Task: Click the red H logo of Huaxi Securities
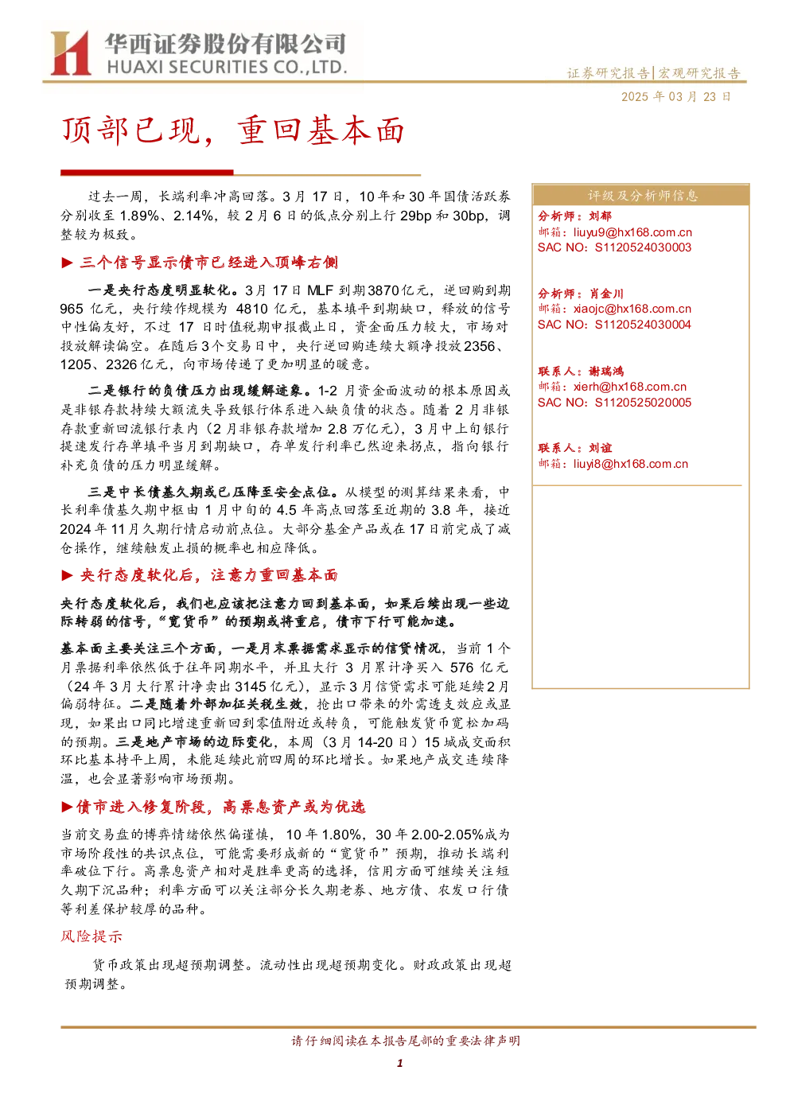click(x=70, y=53)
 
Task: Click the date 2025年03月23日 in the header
click(x=675, y=97)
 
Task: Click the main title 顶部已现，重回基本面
click(x=233, y=130)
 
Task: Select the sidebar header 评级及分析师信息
click(x=642, y=196)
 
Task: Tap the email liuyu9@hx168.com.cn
click(x=632, y=232)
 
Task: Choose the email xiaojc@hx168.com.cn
click(x=632, y=309)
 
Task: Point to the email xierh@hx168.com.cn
click(x=629, y=387)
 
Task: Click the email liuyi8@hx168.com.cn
click(x=630, y=465)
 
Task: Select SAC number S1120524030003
click(x=643, y=248)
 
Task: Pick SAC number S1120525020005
click(x=643, y=403)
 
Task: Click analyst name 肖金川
click(x=606, y=294)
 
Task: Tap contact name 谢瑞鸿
click(x=606, y=372)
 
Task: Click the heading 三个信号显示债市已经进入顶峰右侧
click(x=209, y=263)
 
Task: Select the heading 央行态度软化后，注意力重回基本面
click(x=209, y=575)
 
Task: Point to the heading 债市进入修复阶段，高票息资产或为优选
click(x=221, y=807)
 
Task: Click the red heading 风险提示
click(x=91, y=936)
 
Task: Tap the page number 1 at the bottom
click(x=399, y=1063)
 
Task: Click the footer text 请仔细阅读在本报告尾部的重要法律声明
click(x=406, y=1041)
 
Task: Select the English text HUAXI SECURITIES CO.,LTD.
click(x=227, y=68)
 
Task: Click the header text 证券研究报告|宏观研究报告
click(x=653, y=73)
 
